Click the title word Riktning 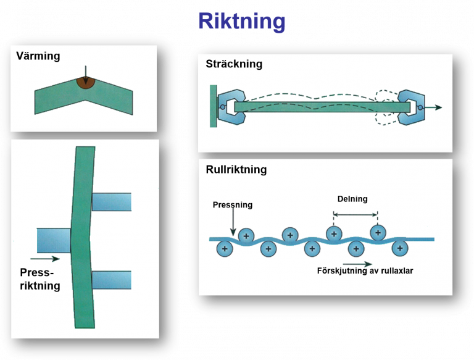point(241,22)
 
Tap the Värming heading point(38,56)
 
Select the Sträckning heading point(234,64)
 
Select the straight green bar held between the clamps point(321,107)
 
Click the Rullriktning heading point(236,169)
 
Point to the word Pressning point(232,204)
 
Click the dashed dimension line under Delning point(355,214)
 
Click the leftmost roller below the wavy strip point(224,249)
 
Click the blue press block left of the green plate point(54,240)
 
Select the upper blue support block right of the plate point(112,202)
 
